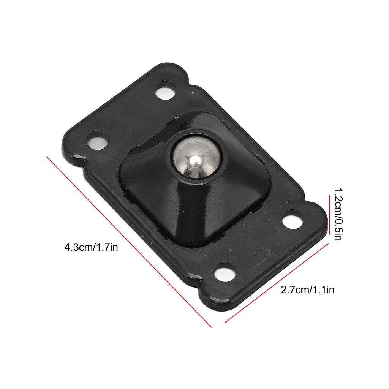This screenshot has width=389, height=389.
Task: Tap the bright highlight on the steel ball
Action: (x=194, y=161)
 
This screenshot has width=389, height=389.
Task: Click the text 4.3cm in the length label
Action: (x=78, y=247)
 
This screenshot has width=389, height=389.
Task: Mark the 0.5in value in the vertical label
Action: (x=338, y=228)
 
